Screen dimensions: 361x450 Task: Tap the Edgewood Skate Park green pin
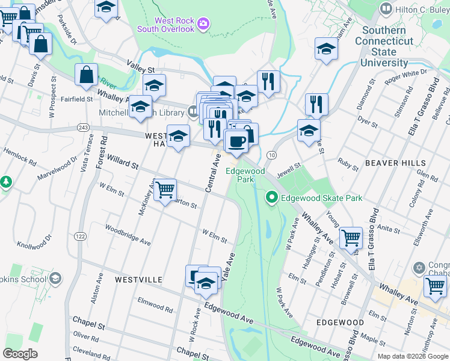click(x=271, y=197)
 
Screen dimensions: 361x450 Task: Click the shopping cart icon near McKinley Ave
click(x=165, y=190)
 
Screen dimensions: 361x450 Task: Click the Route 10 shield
click(x=272, y=156)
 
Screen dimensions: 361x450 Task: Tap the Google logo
click(x=20, y=354)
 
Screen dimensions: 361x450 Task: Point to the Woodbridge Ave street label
click(x=128, y=234)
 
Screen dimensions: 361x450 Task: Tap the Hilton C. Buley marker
click(x=386, y=9)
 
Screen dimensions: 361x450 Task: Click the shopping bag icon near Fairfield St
click(x=87, y=75)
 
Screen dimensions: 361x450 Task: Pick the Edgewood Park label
click(x=245, y=175)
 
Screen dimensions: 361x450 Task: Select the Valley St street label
click(x=141, y=63)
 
